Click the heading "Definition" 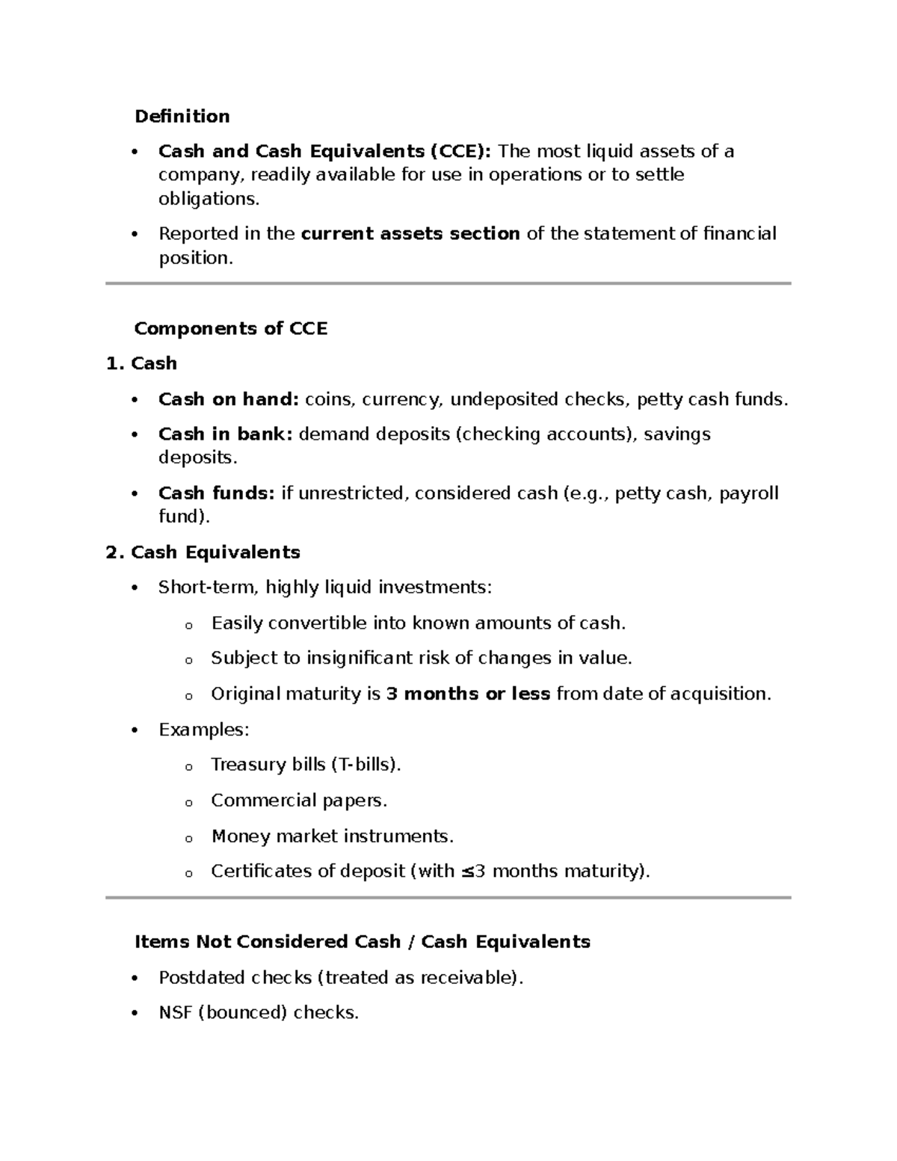coord(182,117)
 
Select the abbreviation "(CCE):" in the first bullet coord(460,152)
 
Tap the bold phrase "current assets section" coord(410,234)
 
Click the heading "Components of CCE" coord(230,329)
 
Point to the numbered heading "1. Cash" coord(142,364)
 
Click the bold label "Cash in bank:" coord(225,434)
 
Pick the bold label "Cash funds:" coord(217,493)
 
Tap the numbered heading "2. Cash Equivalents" coord(203,552)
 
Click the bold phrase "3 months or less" coord(468,695)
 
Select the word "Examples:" coord(203,730)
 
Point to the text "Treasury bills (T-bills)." coord(306,765)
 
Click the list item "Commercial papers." coord(299,801)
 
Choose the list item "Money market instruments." coord(333,836)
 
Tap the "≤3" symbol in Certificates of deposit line coord(473,872)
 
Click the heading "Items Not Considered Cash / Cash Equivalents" coord(363,942)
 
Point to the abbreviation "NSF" coord(175,1013)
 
